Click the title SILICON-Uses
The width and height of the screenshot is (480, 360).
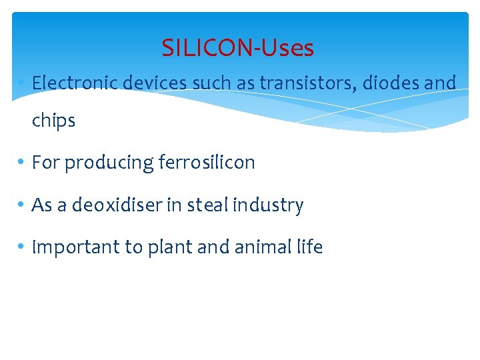(x=237, y=48)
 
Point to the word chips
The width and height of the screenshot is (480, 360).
(x=53, y=121)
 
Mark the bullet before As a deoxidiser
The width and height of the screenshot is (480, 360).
(x=23, y=205)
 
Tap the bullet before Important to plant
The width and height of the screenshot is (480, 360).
(x=23, y=248)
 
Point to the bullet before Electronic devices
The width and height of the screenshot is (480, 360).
(x=23, y=83)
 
